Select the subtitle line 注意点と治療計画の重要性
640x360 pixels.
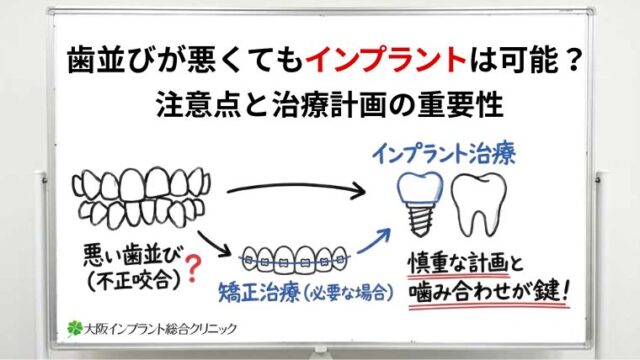click(x=320, y=102)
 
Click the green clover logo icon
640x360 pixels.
click(x=73, y=327)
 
